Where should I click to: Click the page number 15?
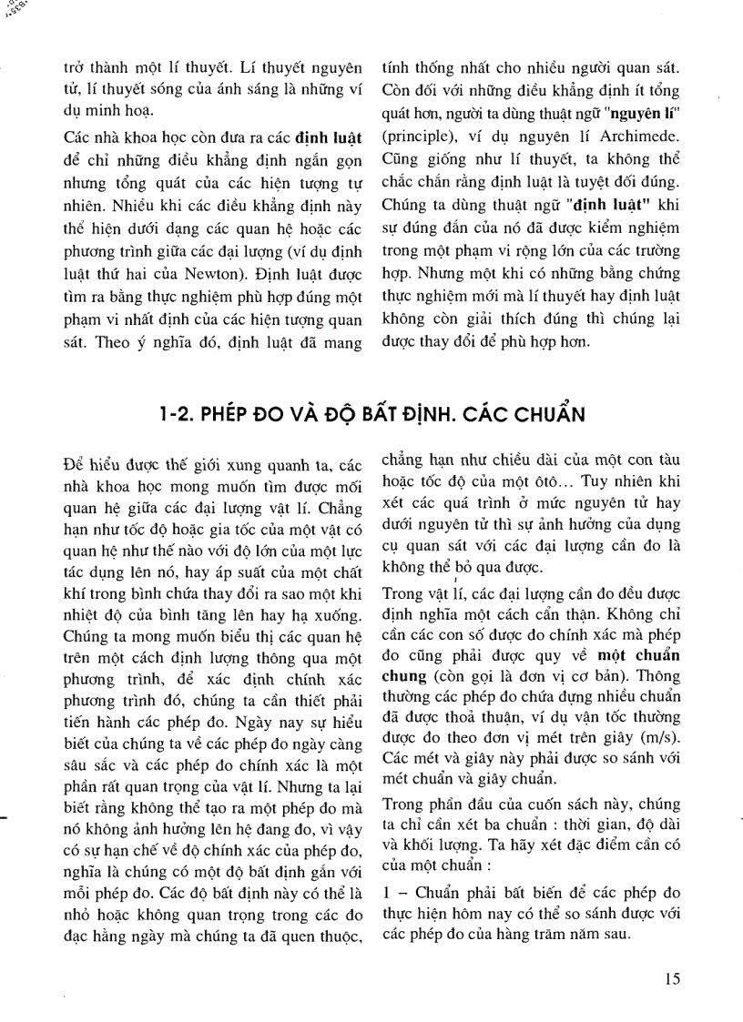pos(672,979)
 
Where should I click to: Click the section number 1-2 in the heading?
pos(175,412)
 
